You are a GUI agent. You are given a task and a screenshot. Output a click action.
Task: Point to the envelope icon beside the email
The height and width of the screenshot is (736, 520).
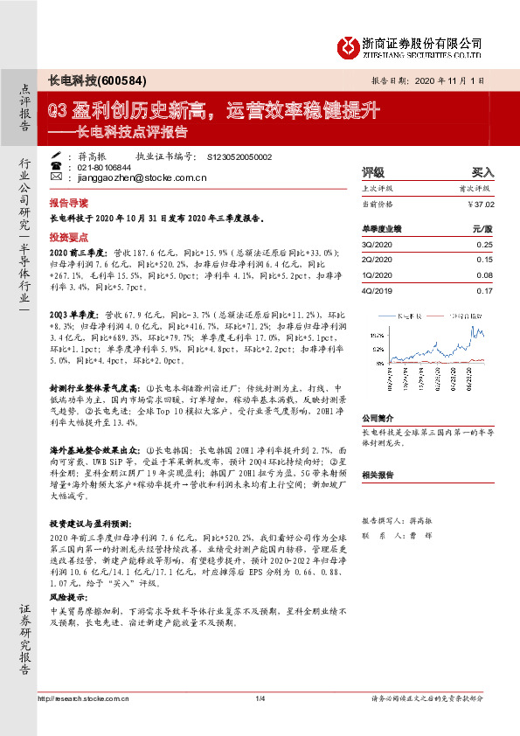coord(57,177)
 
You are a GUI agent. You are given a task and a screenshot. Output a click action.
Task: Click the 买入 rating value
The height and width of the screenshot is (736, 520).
coord(482,172)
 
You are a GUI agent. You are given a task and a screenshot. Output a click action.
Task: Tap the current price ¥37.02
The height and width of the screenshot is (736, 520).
coord(481,204)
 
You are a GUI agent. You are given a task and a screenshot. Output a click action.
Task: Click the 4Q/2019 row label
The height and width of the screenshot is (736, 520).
coord(378,290)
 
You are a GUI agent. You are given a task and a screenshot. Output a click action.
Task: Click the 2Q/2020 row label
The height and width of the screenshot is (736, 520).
coord(378,260)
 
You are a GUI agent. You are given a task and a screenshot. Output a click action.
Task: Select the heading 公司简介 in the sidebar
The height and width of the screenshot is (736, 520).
coord(378,418)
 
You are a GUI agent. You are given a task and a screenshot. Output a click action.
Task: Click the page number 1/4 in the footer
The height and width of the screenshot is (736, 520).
coord(260,722)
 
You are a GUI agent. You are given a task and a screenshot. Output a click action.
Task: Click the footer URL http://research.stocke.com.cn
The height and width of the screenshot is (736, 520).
coord(84,722)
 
